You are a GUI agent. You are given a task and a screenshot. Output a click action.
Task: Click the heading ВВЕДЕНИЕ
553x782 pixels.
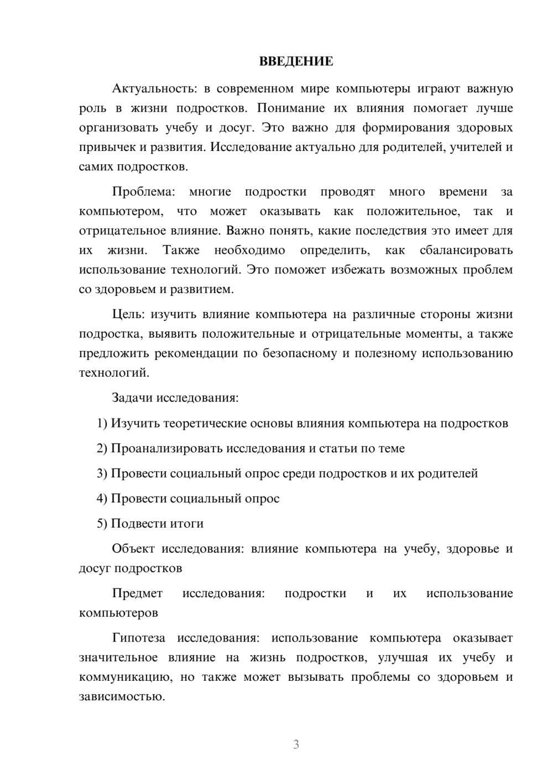[296, 61]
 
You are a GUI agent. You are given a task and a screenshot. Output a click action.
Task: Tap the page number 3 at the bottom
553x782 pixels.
[296, 744]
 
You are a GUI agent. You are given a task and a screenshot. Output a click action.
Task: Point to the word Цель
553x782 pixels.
[128, 314]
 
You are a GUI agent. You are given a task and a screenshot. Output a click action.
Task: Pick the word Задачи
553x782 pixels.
[132, 398]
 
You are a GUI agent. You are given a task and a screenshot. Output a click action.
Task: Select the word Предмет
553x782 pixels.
[137, 593]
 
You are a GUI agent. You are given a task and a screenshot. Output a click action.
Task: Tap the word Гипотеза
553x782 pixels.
[138, 638]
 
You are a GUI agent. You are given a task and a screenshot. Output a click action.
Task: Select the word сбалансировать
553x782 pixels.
[466, 250]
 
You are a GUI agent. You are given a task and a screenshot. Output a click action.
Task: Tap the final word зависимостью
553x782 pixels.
[122, 696]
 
